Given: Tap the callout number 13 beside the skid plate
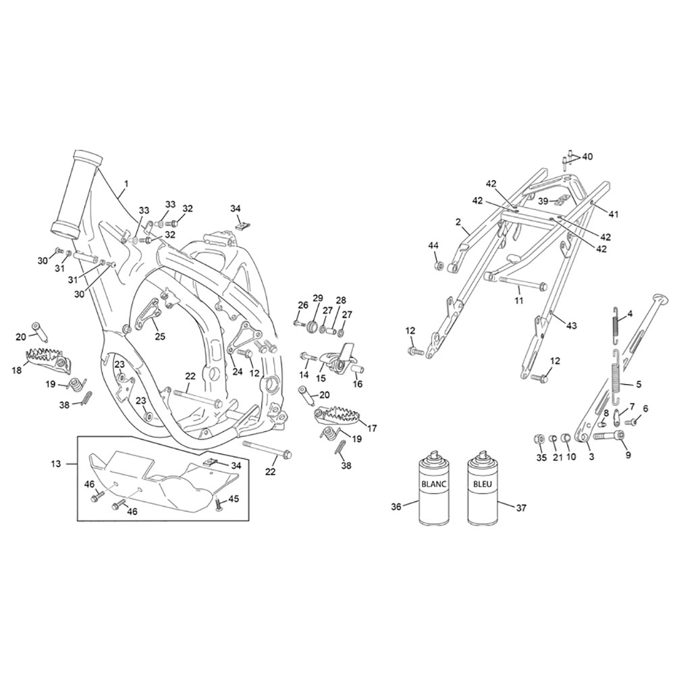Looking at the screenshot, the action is click(x=56, y=464).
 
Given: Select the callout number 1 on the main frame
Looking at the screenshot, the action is click(x=126, y=184).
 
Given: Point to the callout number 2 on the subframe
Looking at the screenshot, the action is click(x=458, y=222).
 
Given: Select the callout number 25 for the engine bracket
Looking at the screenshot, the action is click(x=160, y=336).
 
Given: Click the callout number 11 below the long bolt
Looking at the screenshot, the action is click(x=518, y=300).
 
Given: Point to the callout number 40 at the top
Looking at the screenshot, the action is click(x=587, y=157).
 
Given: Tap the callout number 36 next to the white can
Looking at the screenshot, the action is click(x=396, y=507).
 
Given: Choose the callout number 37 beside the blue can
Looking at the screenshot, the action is click(x=521, y=508).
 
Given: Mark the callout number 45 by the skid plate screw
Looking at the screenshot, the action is click(x=233, y=499).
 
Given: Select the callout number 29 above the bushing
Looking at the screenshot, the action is click(x=318, y=298).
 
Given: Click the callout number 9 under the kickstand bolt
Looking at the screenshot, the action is click(x=628, y=454).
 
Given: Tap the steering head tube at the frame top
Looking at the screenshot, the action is click(x=77, y=193).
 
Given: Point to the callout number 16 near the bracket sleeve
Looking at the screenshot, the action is click(x=358, y=384).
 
